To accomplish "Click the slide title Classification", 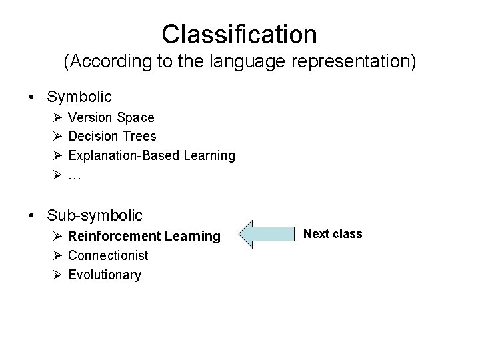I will click(x=239, y=33).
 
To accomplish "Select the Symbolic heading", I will click(x=79, y=97).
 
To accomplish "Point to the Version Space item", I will click(x=111, y=117).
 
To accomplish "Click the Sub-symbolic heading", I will click(x=95, y=215).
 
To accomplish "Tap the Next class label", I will click(x=333, y=234).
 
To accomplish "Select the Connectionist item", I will click(x=108, y=255).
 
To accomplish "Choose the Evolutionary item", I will click(x=105, y=275).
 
